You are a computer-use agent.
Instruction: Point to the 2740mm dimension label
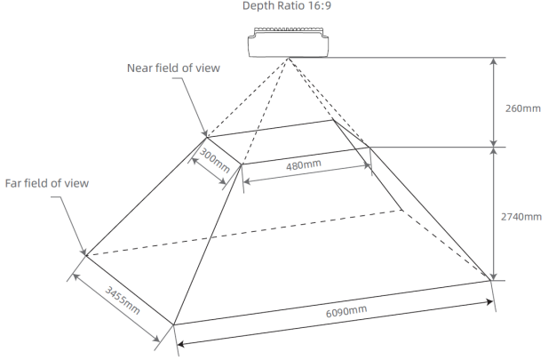[520, 217]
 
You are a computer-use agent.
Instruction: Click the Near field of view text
[174, 68]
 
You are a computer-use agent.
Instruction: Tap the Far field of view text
[47, 183]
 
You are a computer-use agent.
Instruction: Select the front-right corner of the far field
[491, 281]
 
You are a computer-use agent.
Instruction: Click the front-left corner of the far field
[174, 324]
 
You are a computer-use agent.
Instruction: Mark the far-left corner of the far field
[85, 256]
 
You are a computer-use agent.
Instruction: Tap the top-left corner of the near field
[207, 137]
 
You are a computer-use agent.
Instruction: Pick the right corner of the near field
[369, 147]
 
